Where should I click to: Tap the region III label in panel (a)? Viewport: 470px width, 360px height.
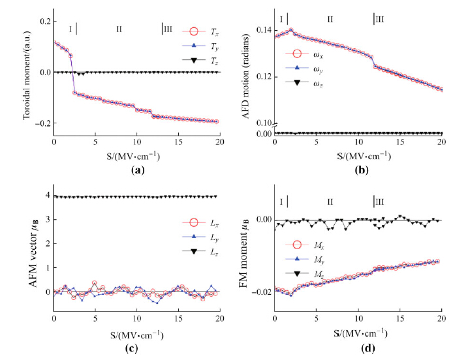coord(168,28)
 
